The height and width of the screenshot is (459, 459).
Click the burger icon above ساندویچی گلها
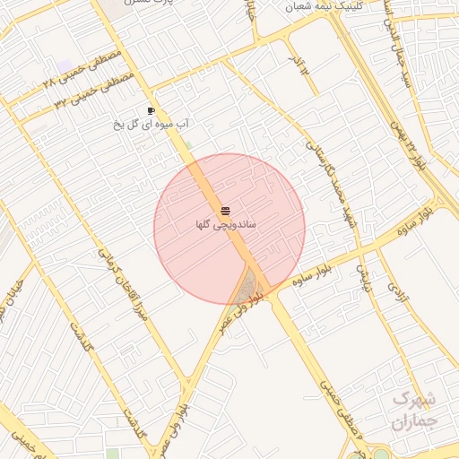click(224, 210)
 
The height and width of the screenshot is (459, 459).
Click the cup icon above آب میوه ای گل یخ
click(151, 111)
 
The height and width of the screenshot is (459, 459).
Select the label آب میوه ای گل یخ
click(149, 124)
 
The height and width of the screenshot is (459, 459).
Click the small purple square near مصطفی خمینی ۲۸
click(64, 67)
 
